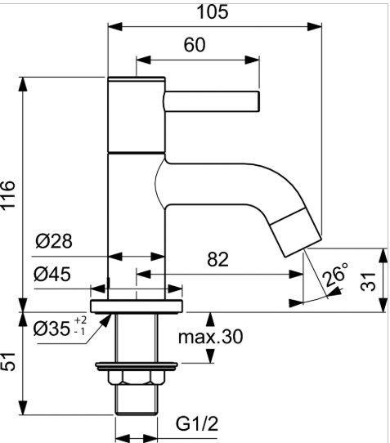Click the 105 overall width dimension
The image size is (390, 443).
tap(213, 12)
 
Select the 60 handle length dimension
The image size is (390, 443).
tap(195, 45)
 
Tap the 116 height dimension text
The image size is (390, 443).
tap(8, 195)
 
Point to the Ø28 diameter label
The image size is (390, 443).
tap(54, 241)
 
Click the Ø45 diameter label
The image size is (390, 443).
tap(52, 274)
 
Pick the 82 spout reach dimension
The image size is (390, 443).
tap(217, 259)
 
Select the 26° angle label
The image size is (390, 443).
tap(335, 274)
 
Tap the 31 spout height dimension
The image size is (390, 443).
tap(368, 281)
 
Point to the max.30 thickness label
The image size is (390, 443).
tap(211, 337)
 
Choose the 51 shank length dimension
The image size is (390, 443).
tap(8, 361)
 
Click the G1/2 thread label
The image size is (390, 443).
tap(197, 423)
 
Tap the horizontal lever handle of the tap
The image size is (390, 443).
tap(212, 101)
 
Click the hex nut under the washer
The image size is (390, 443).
tap(137, 378)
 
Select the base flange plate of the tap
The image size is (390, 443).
tap(137, 307)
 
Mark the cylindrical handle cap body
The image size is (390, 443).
tap(137, 115)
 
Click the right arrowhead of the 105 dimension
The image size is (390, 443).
tap(315, 27)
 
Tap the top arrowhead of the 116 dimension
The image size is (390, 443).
tap(23, 84)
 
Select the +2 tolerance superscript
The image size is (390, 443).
tap(80, 320)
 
